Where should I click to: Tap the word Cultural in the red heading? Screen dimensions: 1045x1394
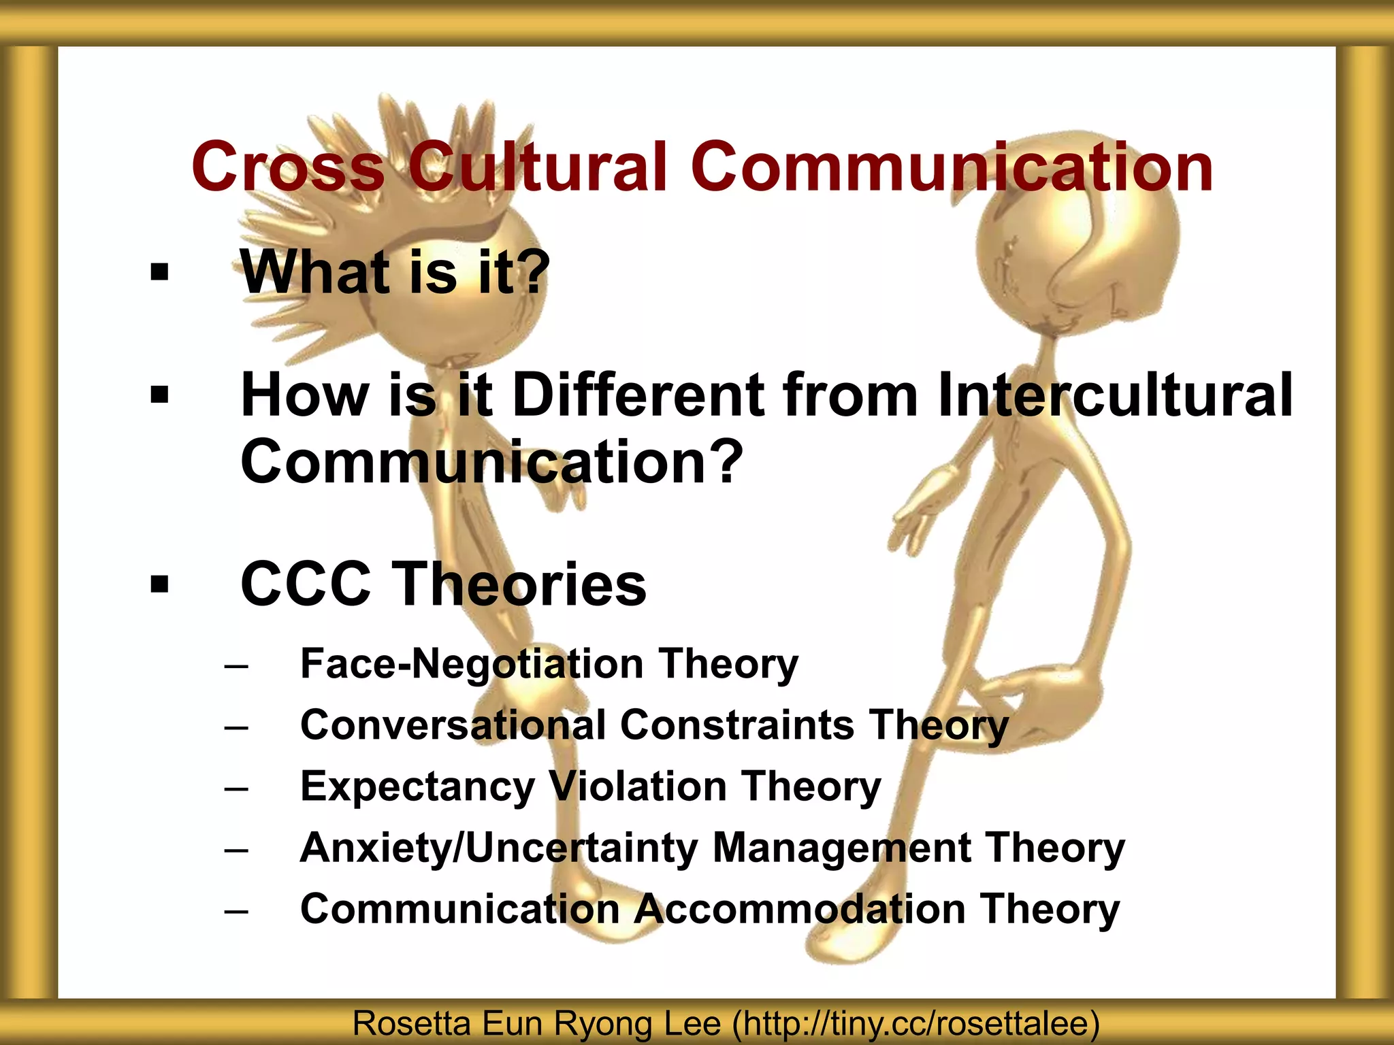click(537, 167)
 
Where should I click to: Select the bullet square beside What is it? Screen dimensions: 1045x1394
click(159, 273)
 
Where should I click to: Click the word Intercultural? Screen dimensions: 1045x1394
click(1114, 395)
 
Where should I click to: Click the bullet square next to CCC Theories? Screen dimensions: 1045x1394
click(159, 584)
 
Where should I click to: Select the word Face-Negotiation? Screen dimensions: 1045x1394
click(472, 664)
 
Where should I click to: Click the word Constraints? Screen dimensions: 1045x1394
click(736, 725)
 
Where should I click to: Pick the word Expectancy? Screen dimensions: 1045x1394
click(417, 787)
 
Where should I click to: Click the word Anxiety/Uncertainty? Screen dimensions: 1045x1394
click(499, 848)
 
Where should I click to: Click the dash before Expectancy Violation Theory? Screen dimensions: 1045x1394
click(236, 789)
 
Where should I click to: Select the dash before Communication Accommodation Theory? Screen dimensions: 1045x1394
click(236, 911)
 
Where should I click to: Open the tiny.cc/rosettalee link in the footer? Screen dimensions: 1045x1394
click(915, 1024)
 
